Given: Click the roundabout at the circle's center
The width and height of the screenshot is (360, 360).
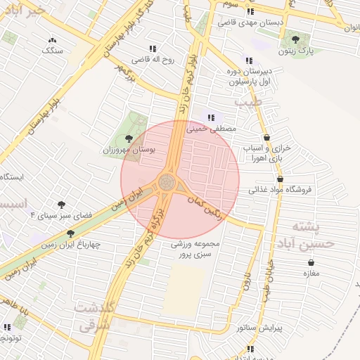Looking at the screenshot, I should tap(167, 183).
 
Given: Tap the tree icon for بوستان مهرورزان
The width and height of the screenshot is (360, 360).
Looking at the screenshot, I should tap(128, 139).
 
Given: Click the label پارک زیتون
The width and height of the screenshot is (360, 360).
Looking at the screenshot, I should tap(294, 51).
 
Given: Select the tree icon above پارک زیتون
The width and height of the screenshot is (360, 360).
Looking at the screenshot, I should tap(295, 39).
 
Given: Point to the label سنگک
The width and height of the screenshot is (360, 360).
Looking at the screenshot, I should tap(51, 51).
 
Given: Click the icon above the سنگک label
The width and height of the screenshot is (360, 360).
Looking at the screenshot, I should tap(51, 40).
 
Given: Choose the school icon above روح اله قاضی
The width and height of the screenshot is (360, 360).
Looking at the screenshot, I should tap(153, 49).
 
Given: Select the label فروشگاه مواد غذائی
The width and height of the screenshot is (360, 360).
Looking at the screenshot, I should tap(284, 189).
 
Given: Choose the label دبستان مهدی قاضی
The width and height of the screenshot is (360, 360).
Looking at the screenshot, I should tap(251, 22).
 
